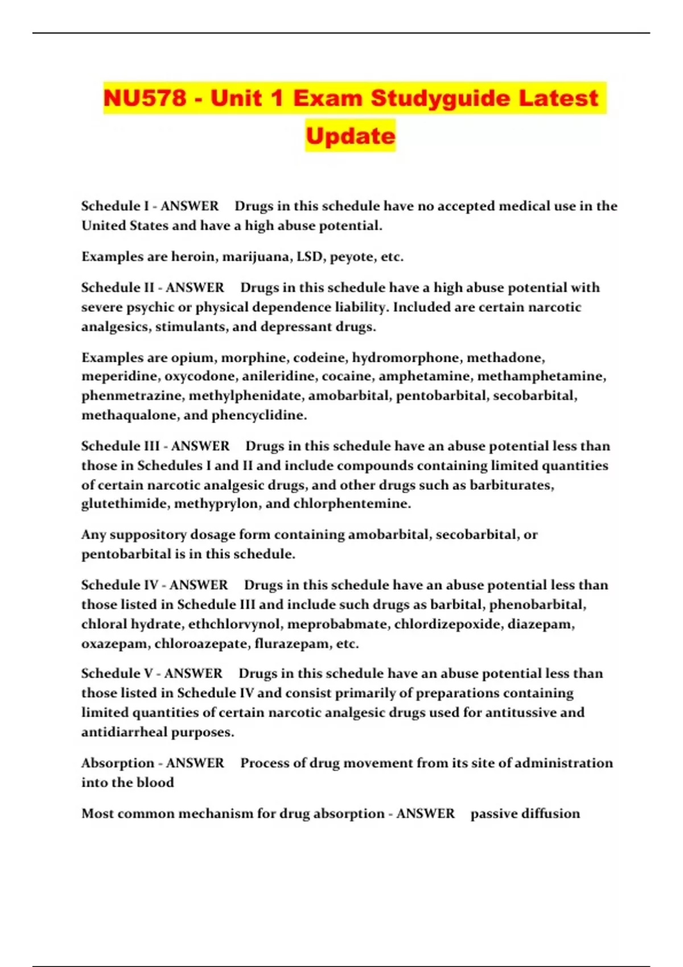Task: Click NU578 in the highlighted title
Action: [145, 98]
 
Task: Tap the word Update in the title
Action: [350, 136]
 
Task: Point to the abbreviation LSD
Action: [310, 257]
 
